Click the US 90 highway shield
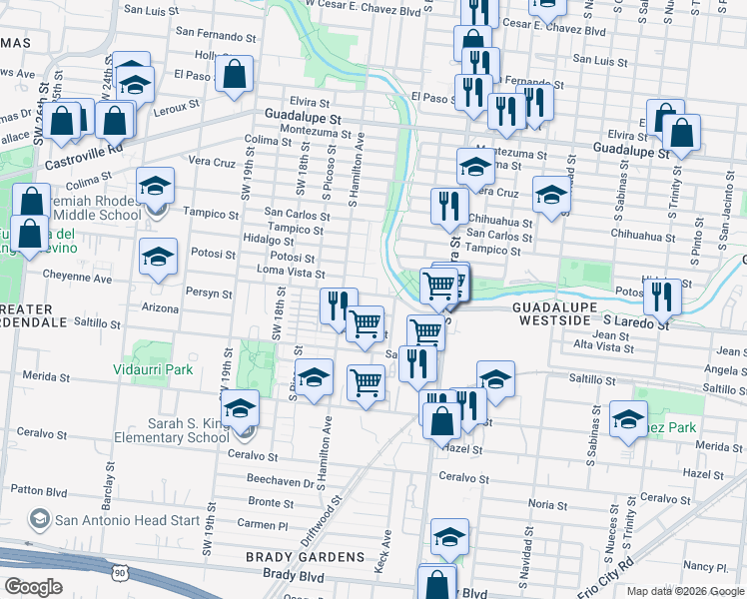pos(120,572)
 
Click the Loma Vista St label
pos(288,271)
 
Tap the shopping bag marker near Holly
pos(234,74)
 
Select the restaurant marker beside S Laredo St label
pos(661,295)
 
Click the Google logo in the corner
pos(34,586)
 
